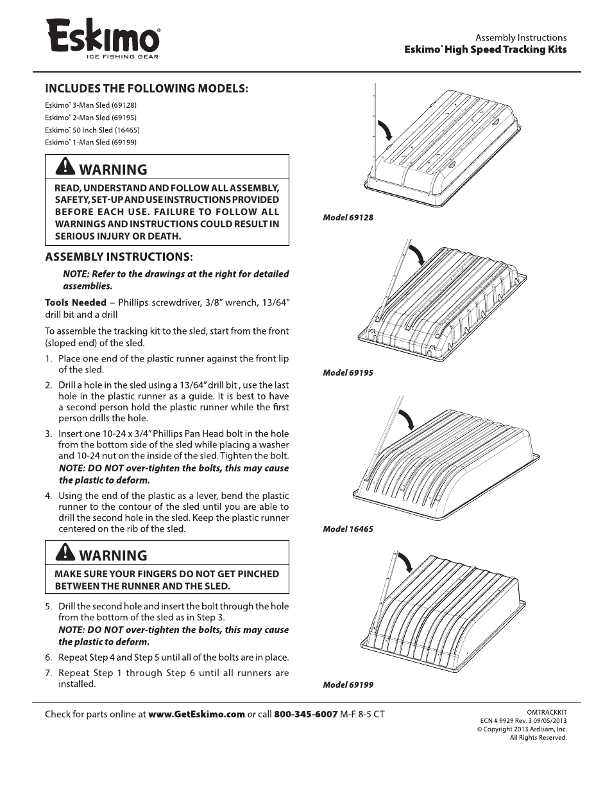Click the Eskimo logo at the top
(x=103, y=37)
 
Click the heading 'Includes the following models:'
(x=146, y=88)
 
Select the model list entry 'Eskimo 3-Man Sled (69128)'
(x=90, y=105)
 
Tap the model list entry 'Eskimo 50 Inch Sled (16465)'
(x=92, y=130)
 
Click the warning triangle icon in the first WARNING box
(x=65, y=167)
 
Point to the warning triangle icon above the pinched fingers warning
(x=65, y=553)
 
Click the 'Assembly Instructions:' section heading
(x=119, y=257)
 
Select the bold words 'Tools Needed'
(x=75, y=302)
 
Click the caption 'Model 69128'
(x=348, y=218)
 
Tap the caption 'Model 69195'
(x=348, y=373)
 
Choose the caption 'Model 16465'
(x=348, y=530)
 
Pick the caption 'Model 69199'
(x=348, y=685)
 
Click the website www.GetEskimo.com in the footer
(x=196, y=714)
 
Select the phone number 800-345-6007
(x=305, y=714)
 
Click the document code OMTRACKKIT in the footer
(x=547, y=712)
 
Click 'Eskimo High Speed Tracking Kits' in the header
(x=485, y=49)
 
